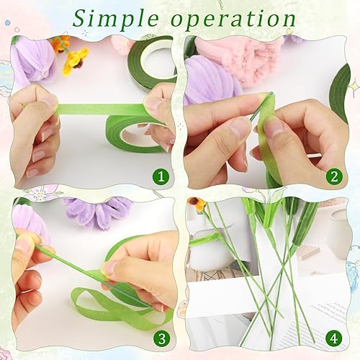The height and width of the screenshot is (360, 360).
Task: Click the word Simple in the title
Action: [116, 18]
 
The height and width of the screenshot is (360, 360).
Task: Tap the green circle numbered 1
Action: [161, 176]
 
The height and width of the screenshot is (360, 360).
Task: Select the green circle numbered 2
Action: [334, 176]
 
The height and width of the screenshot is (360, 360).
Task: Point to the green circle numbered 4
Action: [334, 339]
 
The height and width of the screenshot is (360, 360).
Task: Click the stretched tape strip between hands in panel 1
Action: [101, 109]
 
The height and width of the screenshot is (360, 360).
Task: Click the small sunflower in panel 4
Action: [197, 204]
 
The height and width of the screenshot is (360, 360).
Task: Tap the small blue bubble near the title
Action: [8, 22]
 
